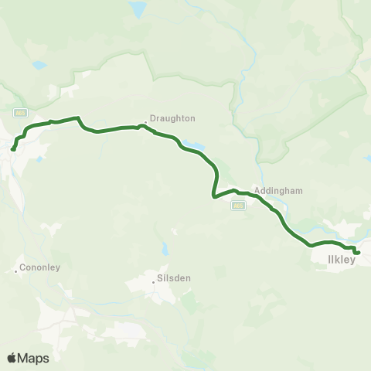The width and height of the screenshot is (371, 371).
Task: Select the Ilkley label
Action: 335,260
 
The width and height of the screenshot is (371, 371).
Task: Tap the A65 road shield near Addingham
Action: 238,205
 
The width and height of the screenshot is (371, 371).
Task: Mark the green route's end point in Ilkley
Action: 358,252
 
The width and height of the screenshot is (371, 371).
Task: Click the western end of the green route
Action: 13,148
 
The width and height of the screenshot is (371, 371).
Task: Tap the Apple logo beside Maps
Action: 12,358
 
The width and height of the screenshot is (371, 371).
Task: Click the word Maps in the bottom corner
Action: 35,358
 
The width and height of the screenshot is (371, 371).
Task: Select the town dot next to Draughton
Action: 145,121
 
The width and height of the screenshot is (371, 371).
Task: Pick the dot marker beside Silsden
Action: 154,281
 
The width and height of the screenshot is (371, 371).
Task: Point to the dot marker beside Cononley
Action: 16,271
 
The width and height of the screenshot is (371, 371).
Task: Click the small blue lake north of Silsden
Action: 165,249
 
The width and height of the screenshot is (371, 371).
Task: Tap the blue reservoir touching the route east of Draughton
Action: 193,145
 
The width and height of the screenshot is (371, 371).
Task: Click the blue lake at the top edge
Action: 137,9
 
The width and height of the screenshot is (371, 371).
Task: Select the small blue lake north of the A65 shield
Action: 39,66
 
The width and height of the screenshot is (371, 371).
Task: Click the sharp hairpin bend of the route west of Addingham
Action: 213,196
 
